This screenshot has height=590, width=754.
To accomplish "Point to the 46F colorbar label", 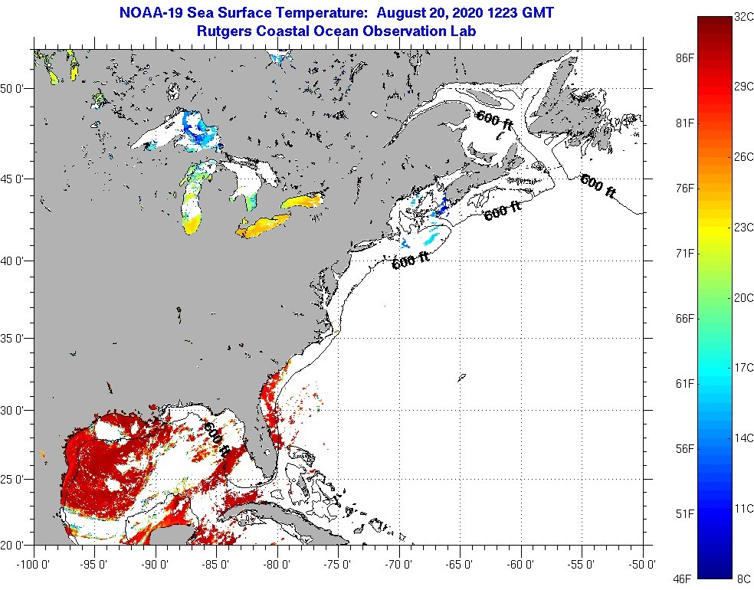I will click(x=684, y=576).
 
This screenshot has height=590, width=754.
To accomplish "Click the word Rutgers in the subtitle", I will click(x=223, y=31).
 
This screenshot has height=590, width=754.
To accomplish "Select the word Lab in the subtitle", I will click(x=465, y=31).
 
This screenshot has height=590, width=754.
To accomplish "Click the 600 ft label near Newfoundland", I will click(x=598, y=185).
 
